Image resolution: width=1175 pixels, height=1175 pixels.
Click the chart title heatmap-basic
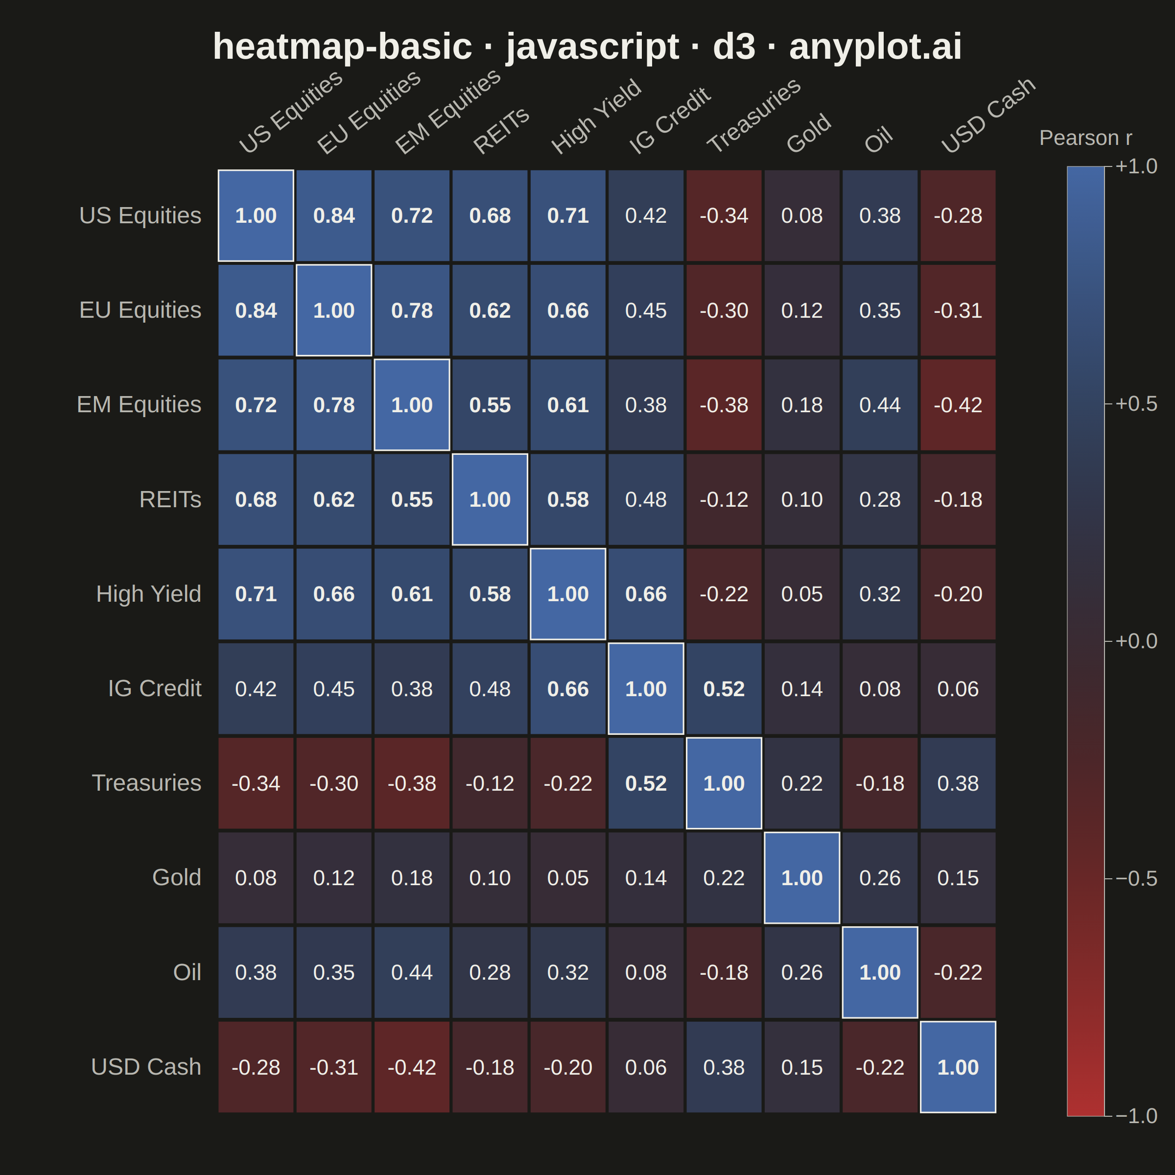pyautogui.click(x=342, y=47)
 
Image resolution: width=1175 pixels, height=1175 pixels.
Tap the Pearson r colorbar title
pyautogui.click(x=1085, y=138)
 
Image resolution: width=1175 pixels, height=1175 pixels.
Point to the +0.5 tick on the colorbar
pyautogui.click(x=1136, y=404)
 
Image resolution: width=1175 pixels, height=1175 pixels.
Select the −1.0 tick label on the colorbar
pyautogui.click(x=1136, y=1116)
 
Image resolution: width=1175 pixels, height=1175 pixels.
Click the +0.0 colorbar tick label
pyautogui.click(x=1136, y=641)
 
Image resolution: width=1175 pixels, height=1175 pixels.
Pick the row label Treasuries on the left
pyautogui.click(x=146, y=783)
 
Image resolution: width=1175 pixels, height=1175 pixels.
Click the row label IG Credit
pyautogui.click(x=155, y=688)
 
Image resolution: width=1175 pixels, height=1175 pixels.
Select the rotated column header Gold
pyautogui.click(x=808, y=133)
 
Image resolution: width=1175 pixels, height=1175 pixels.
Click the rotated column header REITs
pyautogui.click(x=501, y=131)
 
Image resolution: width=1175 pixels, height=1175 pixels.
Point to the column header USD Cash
pyautogui.click(x=987, y=116)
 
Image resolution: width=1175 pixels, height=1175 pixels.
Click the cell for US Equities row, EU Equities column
pyautogui.click(x=334, y=216)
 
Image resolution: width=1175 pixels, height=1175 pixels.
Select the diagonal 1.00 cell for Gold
pyautogui.click(x=801, y=878)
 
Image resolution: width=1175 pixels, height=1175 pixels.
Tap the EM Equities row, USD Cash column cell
pyautogui.click(x=958, y=405)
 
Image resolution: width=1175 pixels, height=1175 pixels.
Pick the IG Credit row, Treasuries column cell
pyautogui.click(x=724, y=688)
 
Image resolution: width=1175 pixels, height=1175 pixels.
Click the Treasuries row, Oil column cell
pyautogui.click(x=880, y=783)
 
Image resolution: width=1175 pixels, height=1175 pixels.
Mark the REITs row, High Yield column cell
pyautogui.click(x=568, y=499)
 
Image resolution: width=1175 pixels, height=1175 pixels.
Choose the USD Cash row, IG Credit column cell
pyautogui.click(x=646, y=1067)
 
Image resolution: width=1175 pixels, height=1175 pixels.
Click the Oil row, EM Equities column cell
pyautogui.click(x=412, y=972)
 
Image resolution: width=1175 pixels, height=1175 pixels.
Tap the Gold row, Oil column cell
pyautogui.click(x=880, y=878)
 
